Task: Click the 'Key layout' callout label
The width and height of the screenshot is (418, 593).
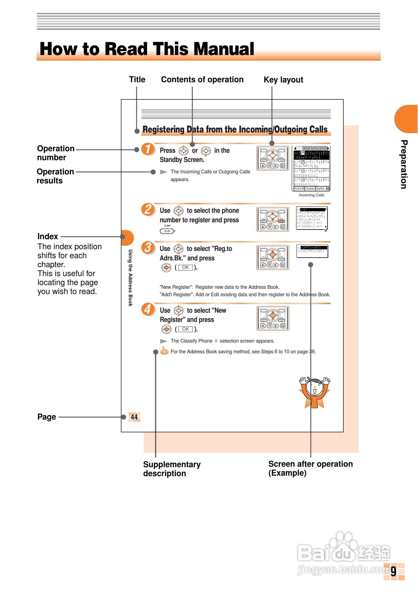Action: (283, 80)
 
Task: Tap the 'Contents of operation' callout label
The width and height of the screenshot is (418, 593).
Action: (202, 79)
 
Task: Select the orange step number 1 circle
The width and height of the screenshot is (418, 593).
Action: (148, 149)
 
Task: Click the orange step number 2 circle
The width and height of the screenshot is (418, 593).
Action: (148, 210)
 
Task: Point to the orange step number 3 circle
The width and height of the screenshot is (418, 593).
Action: (148, 247)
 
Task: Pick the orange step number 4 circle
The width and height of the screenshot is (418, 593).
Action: (148, 309)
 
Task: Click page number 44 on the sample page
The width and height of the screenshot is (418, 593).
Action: (134, 417)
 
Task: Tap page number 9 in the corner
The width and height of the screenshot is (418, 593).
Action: (393, 571)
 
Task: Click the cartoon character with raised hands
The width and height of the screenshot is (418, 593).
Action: (314, 392)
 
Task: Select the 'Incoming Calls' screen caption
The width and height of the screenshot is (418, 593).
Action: (312, 195)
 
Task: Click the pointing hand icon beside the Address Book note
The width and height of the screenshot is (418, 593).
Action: (164, 351)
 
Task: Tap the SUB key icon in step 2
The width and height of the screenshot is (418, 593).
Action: (167, 231)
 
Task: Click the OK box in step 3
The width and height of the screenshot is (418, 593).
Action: (185, 268)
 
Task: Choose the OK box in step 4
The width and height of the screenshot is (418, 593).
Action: (185, 329)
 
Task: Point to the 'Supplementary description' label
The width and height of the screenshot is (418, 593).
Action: (171, 469)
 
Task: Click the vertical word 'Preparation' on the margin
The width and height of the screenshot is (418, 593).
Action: (404, 164)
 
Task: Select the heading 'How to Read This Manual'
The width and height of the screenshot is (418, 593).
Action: (147, 49)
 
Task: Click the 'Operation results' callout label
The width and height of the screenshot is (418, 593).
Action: (55, 176)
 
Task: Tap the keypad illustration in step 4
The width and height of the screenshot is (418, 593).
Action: (272, 318)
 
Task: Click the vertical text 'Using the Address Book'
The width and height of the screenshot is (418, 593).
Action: (130, 278)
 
